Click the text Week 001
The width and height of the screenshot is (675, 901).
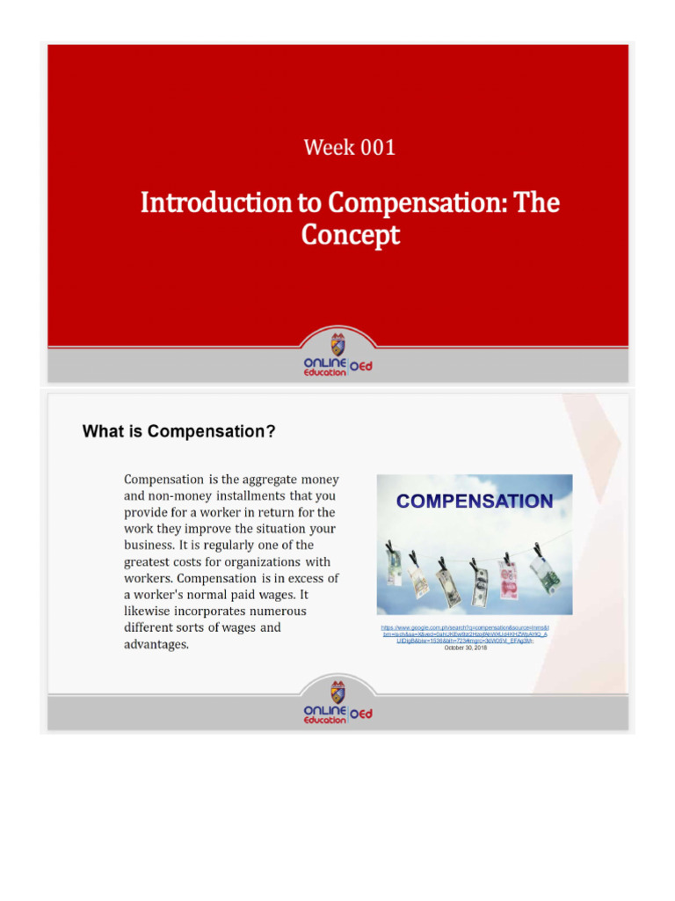pyautogui.click(x=349, y=147)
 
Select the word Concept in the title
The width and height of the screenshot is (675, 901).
pyautogui.click(x=350, y=235)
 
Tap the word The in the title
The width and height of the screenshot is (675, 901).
pyautogui.click(x=536, y=203)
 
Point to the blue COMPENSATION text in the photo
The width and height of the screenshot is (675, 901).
pyautogui.click(x=475, y=502)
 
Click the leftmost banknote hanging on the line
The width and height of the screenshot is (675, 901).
pyautogui.click(x=393, y=562)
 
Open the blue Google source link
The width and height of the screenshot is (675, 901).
pyautogui.click(x=464, y=634)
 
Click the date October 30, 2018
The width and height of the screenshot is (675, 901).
pyautogui.click(x=465, y=647)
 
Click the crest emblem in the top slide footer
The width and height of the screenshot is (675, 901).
pyautogui.click(x=338, y=344)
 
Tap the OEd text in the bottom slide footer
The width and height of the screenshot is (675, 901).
pyautogui.click(x=362, y=714)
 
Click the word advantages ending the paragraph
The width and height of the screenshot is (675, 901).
pyautogui.click(x=156, y=644)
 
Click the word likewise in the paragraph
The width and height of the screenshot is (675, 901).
pyautogui.click(x=153, y=612)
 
